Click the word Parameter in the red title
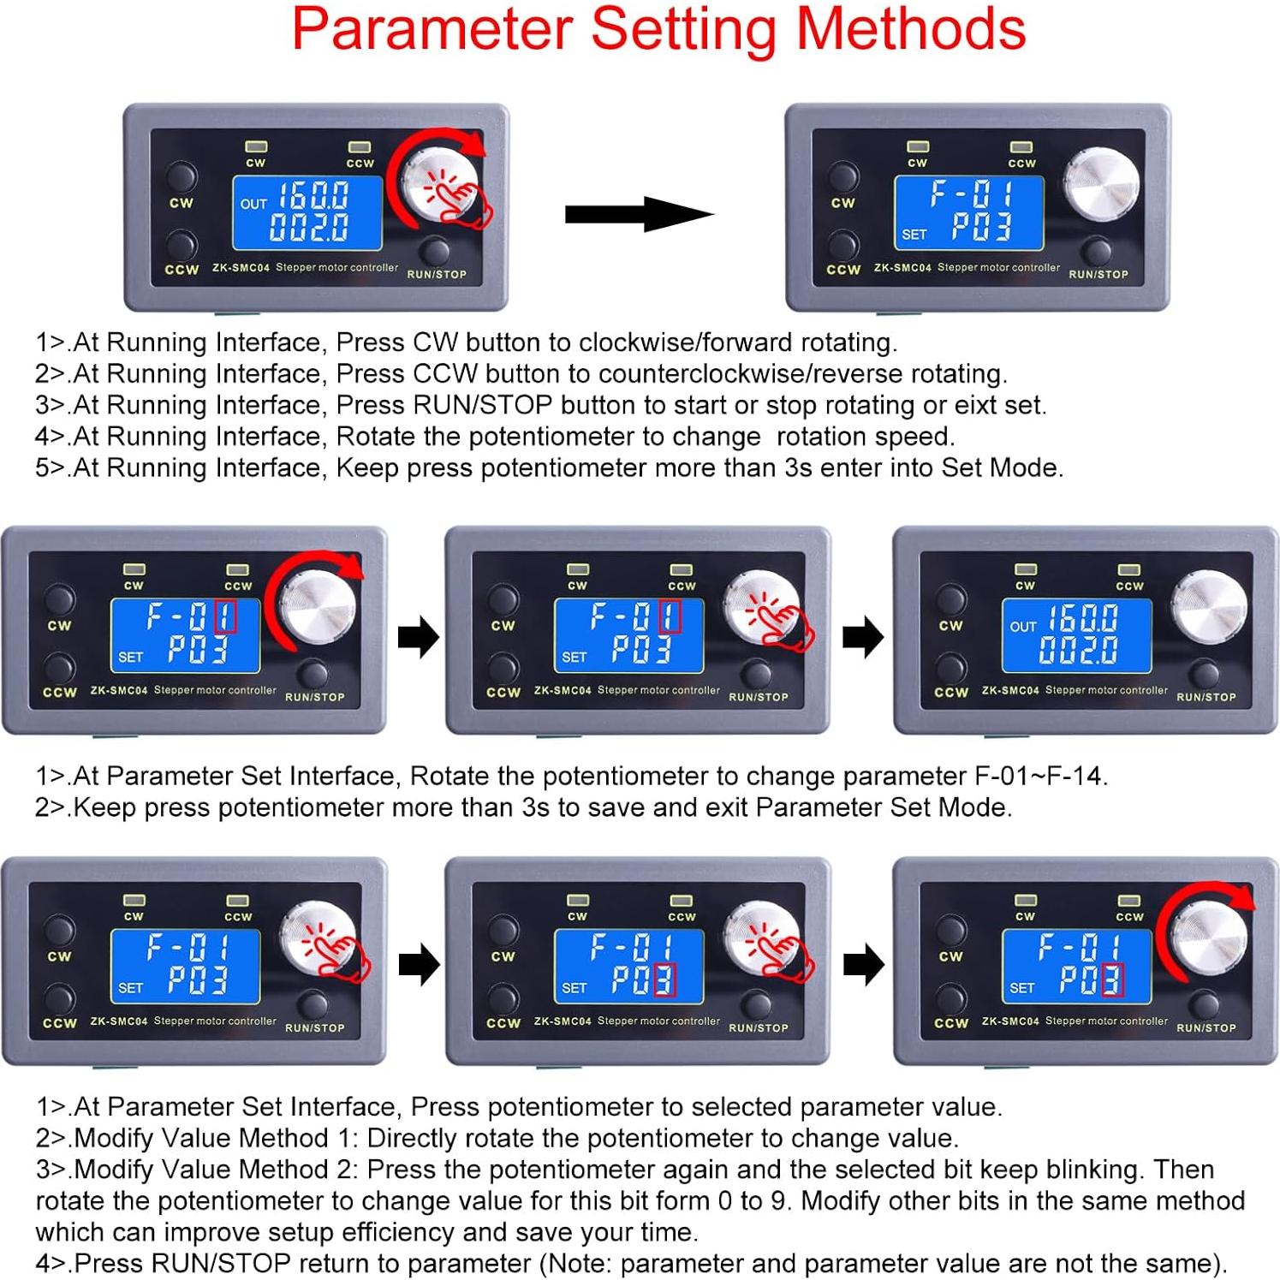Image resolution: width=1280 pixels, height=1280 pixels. pyautogui.click(x=432, y=30)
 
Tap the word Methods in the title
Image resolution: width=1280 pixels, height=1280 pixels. pyautogui.click(x=911, y=28)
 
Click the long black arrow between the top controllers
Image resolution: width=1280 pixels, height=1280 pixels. pyautogui.click(x=639, y=214)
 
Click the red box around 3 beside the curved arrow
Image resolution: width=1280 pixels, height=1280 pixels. pyautogui.click(x=1111, y=979)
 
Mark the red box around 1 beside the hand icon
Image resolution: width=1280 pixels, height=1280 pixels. pyautogui.click(x=670, y=616)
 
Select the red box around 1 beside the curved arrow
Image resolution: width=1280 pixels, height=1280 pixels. pyautogui.click(x=225, y=616)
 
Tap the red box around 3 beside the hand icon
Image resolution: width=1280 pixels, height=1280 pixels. pyautogui.click(x=664, y=979)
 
